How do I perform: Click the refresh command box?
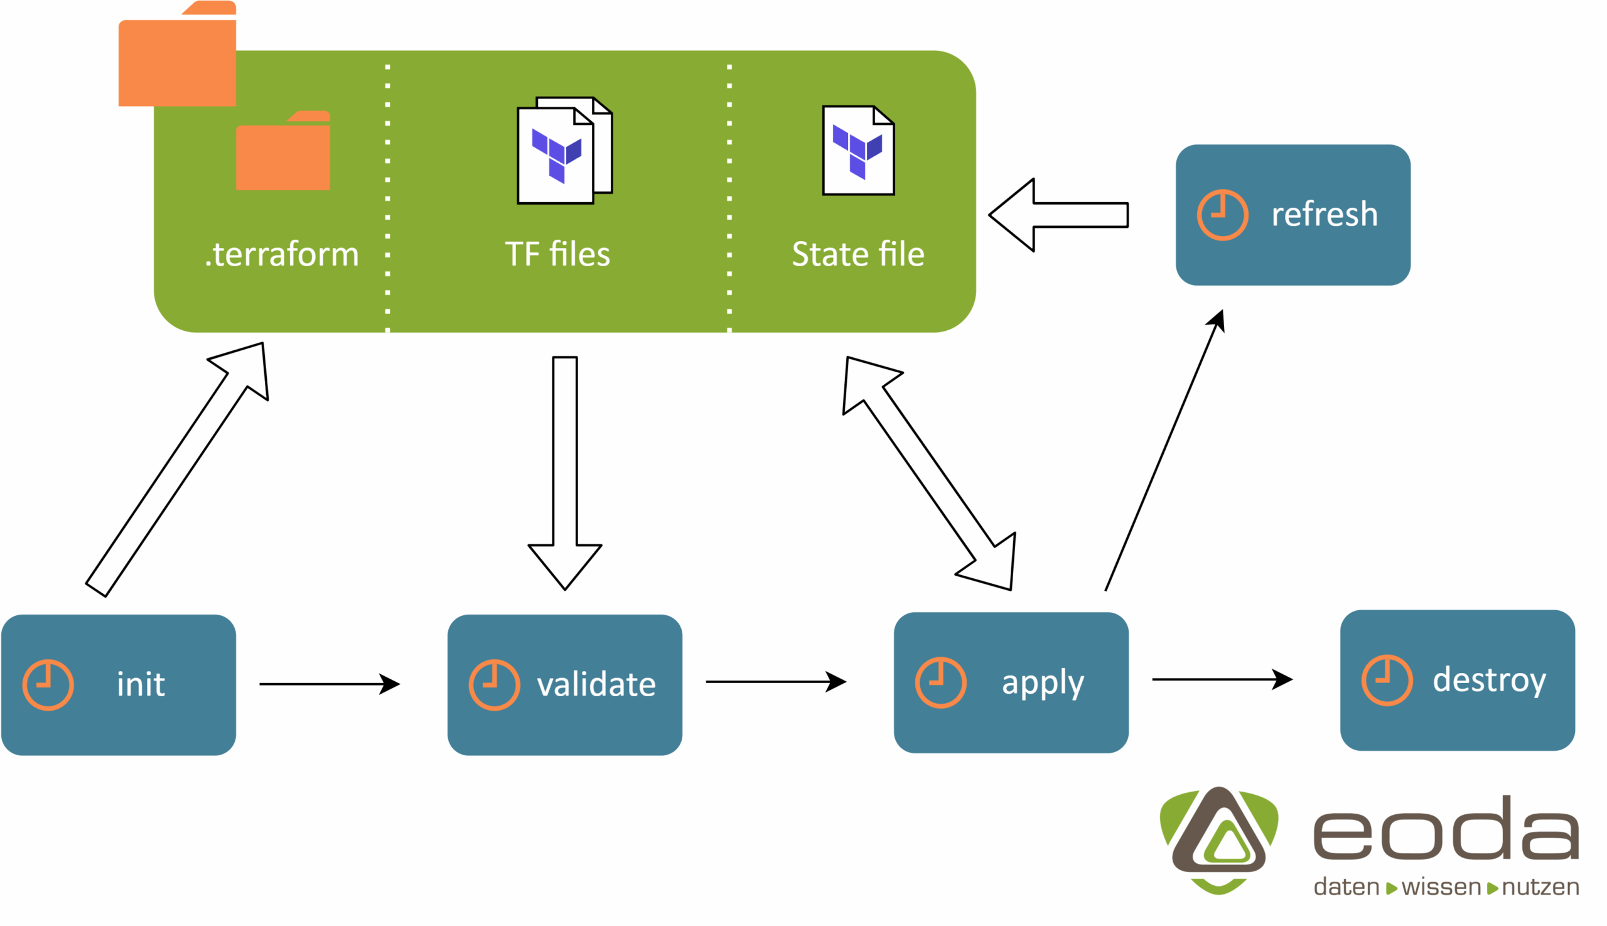coord(1293,215)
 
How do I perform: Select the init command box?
coord(118,684)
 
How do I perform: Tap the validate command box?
coord(564,684)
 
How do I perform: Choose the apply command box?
coord(1011,682)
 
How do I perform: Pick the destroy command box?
coord(1457,680)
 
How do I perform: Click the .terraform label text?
coord(282,254)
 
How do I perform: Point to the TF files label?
coord(557,254)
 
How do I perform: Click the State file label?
coord(858,254)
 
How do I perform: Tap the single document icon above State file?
coord(858,150)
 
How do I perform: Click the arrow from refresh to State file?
coord(1058,215)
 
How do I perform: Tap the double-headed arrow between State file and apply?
coord(928,473)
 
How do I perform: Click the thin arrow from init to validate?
coord(329,684)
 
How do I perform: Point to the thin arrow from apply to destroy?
coord(1221,679)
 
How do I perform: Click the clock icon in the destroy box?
coord(1387,680)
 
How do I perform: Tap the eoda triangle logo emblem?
coord(1218,839)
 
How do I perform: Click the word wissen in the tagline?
coord(1441,886)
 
